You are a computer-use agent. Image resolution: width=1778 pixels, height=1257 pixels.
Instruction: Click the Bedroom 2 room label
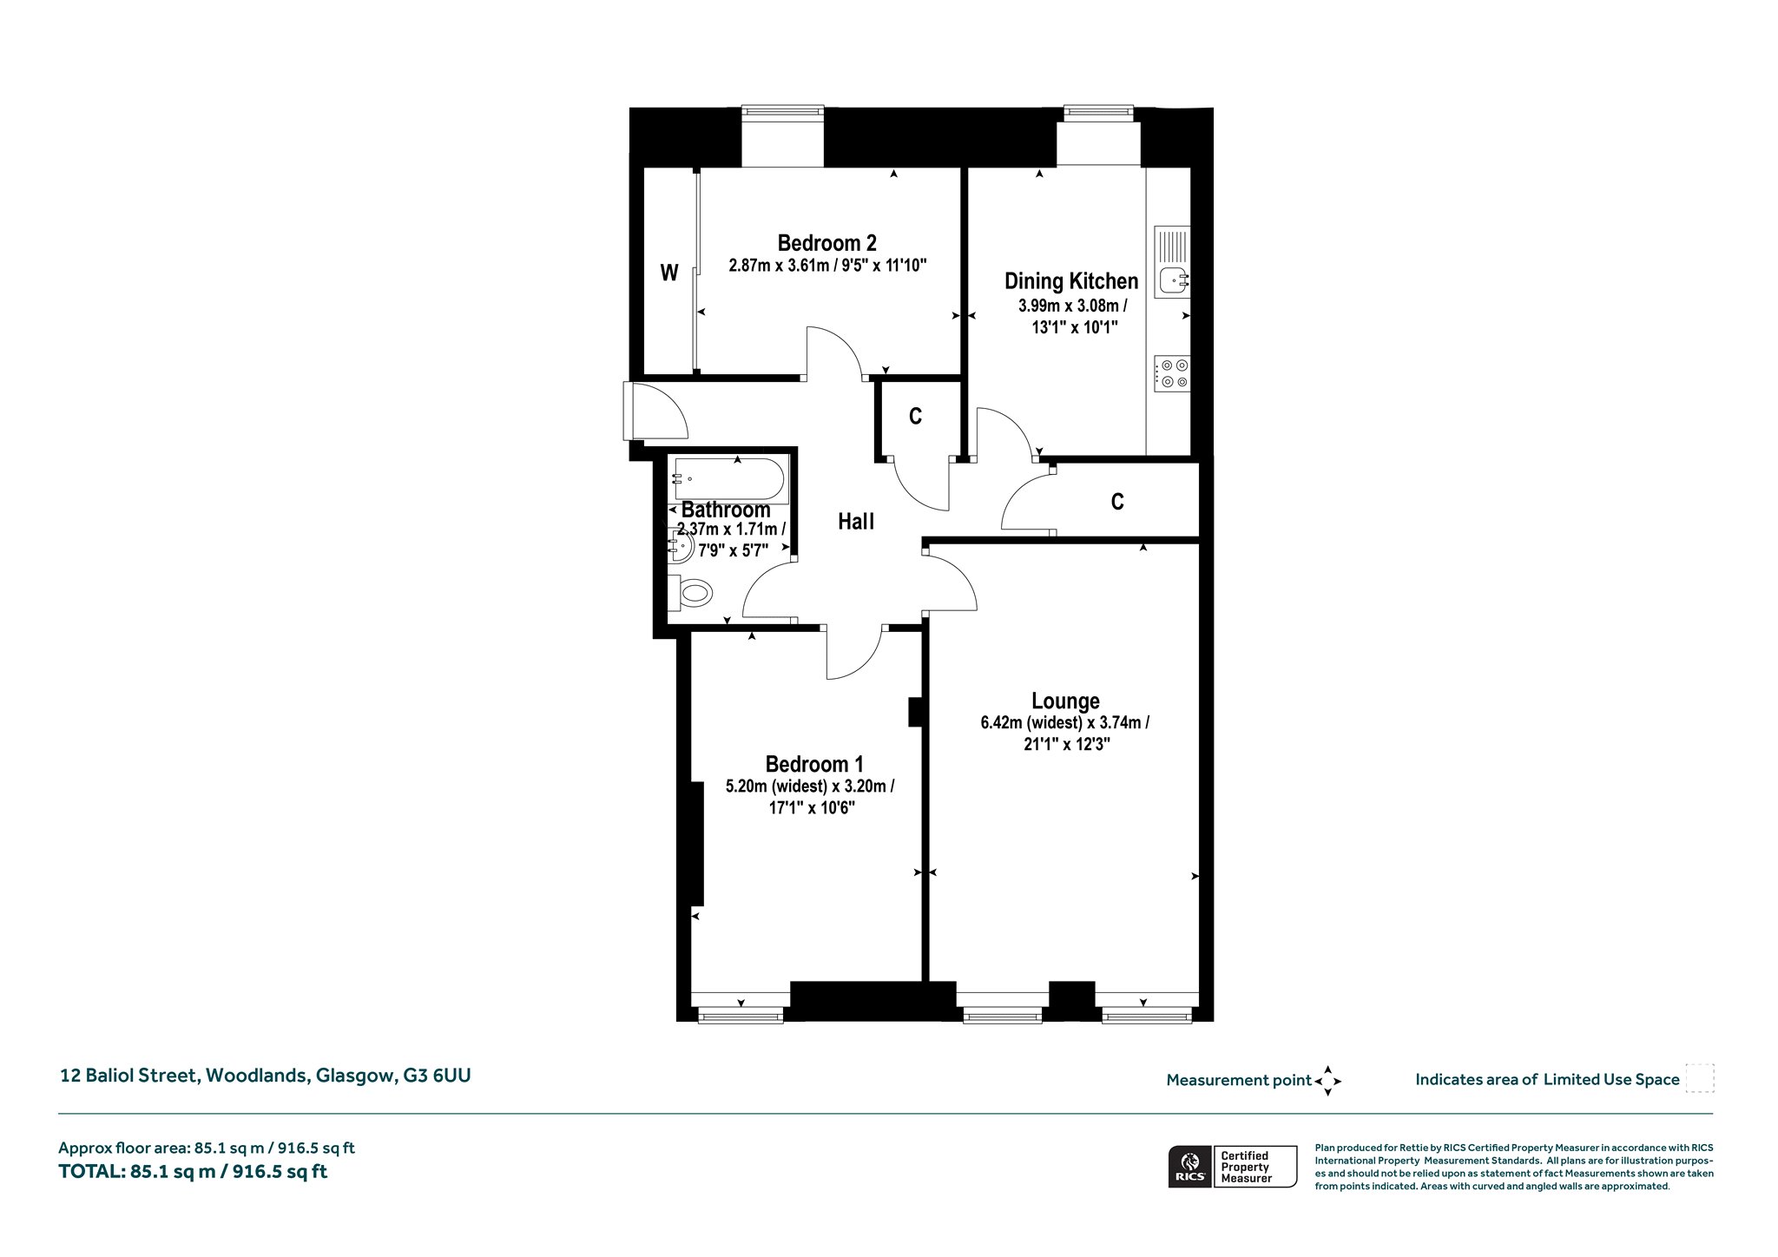[x=826, y=243]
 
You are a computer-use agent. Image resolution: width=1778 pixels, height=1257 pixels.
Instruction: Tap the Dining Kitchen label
[x=1071, y=281]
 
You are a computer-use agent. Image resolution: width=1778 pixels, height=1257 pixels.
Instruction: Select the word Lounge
[x=1065, y=701]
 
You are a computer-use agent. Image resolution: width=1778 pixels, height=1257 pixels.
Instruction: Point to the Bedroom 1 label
[x=813, y=764]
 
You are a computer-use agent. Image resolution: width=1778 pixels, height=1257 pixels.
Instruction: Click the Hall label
[x=856, y=522]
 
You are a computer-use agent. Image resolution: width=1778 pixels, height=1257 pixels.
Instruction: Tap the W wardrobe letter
[x=668, y=273]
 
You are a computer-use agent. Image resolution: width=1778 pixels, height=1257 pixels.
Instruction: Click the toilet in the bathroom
[x=691, y=593]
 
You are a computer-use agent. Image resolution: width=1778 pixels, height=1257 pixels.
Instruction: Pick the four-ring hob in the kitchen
[x=1172, y=374]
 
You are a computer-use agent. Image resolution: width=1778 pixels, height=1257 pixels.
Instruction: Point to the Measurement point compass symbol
[x=1327, y=1081]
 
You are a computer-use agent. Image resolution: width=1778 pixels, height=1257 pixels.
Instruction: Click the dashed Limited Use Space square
[x=1700, y=1078]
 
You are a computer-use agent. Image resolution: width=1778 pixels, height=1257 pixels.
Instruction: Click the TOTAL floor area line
[x=193, y=1171]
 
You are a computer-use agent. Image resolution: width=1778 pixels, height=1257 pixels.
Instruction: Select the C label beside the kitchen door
[x=915, y=417]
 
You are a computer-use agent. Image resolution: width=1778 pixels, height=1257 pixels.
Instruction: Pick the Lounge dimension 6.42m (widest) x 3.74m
[x=1065, y=722]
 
